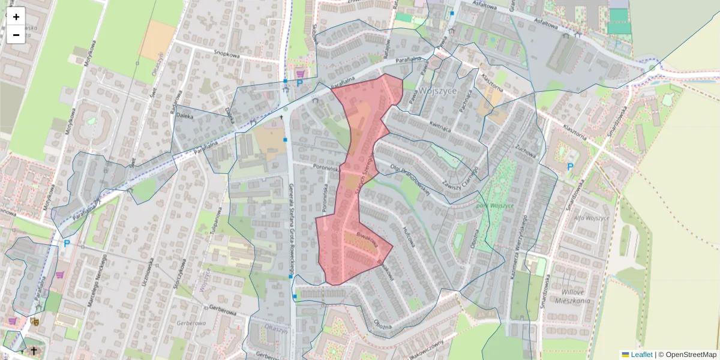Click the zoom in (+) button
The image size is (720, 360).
tap(16, 17)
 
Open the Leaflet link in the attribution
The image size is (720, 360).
tap(641, 355)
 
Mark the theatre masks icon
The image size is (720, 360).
tap(34, 322)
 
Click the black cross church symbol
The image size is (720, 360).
tap(34, 350)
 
